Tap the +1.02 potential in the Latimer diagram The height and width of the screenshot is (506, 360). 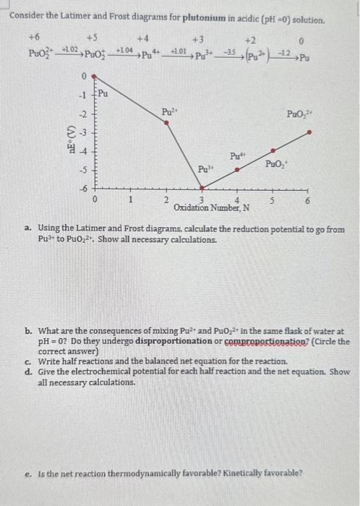pyautogui.click(x=71, y=49)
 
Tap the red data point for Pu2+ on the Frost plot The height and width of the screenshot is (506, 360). pyautogui.click(x=168, y=124)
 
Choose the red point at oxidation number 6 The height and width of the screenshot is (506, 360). pyautogui.click(x=309, y=132)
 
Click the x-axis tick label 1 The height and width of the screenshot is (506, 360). pyautogui.click(x=131, y=200)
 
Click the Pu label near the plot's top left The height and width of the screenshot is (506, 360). pyautogui.click(x=103, y=93)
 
